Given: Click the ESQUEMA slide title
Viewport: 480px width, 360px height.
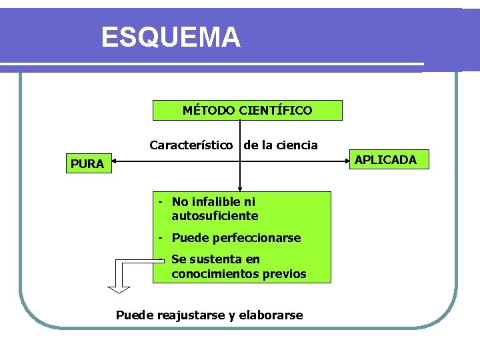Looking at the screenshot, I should [x=171, y=37].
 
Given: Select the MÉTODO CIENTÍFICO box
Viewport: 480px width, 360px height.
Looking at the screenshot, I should [x=247, y=110].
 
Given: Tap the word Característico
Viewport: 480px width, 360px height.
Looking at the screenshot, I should [x=191, y=145].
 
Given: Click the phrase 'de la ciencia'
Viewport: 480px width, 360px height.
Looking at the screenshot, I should [x=281, y=145].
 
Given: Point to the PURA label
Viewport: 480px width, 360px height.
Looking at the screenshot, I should [x=87, y=164].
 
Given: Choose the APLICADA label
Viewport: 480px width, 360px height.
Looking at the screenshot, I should [x=385, y=160].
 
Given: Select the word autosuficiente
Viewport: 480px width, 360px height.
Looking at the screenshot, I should [x=215, y=216].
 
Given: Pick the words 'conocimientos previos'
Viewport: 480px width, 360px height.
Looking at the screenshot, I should [x=239, y=274].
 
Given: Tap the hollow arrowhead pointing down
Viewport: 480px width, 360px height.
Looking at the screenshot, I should [x=119, y=288].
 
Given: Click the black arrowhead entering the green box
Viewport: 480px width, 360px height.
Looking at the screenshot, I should [x=240, y=188].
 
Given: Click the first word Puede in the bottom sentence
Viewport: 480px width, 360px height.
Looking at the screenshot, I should [x=135, y=315].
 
